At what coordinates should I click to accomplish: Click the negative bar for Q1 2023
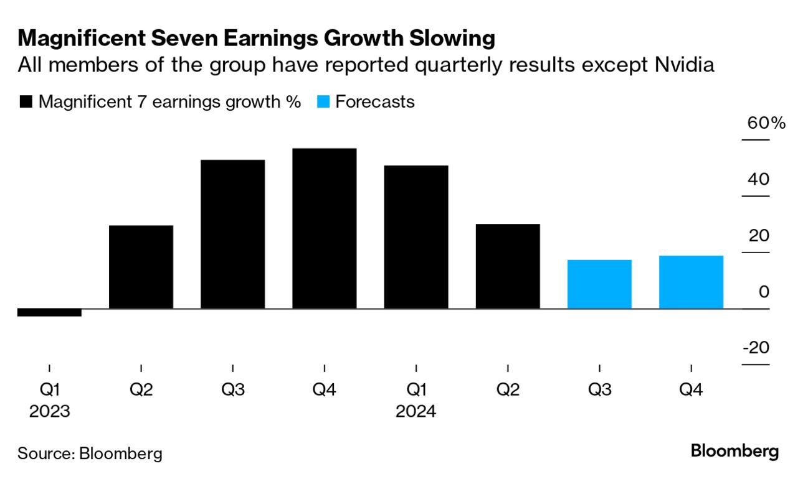(x=49, y=312)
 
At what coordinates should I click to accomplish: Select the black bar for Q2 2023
(x=141, y=267)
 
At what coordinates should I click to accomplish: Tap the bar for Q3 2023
(x=232, y=234)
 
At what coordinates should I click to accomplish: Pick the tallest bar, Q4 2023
(x=325, y=228)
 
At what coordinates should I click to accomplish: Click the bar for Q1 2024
(x=416, y=237)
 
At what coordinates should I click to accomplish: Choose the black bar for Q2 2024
(x=508, y=266)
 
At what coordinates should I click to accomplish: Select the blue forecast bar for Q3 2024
(x=599, y=284)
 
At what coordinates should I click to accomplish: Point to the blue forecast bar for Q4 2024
(x=691, y=282)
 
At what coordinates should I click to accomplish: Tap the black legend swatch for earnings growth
(x=26, y=102)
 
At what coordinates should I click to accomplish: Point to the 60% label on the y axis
(x=766, y=123)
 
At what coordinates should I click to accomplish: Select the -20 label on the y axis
(x=756, y=347)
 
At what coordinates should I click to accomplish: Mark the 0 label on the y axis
(x=764, y=291)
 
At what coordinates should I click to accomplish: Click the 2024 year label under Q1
(x=416, y=412)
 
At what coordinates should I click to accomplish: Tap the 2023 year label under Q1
(x=49, y=412)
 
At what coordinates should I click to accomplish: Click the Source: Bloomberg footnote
(x=90, y=453)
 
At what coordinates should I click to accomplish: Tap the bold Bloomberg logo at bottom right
(x=734, y=451)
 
